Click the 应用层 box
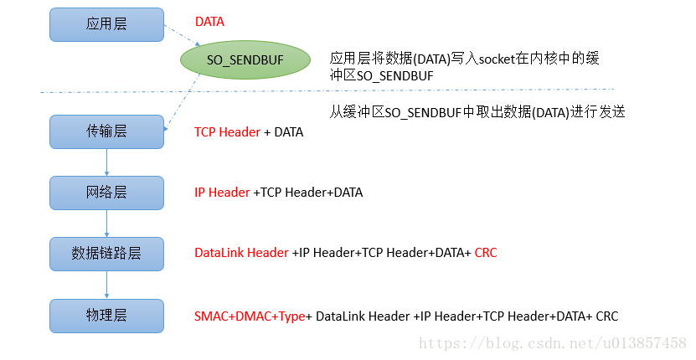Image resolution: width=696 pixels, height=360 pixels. [106, 24]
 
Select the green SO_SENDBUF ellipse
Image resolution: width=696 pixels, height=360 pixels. [235, 60]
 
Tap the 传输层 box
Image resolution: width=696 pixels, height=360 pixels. [106, 131]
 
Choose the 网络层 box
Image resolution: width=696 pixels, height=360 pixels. [106, 192]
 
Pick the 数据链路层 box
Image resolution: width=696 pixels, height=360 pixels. [106, 252]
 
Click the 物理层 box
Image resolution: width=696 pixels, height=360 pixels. [106, 315]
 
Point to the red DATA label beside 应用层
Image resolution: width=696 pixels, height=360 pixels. [209, 20]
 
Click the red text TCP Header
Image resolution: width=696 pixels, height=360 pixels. [227, 132]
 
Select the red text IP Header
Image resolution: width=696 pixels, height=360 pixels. [222, 193]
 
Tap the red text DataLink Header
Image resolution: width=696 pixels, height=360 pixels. [241, 252]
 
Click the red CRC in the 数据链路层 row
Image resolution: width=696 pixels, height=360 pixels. [486, 252]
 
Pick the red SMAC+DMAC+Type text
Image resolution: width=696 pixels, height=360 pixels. [250, 316]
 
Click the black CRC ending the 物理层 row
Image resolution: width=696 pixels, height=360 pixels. [606, 316]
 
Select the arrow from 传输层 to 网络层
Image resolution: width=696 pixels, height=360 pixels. [106, 162]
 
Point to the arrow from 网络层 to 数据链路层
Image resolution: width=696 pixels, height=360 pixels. [106, 222]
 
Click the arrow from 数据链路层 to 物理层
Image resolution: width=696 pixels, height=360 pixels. [106, 283]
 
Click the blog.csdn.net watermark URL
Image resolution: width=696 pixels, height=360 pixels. [552, 344]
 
